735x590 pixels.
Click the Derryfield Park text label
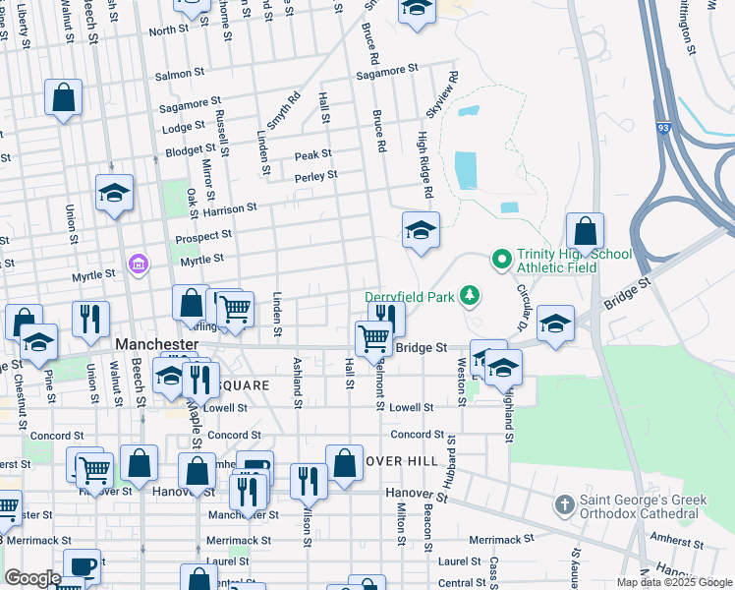(412, 296)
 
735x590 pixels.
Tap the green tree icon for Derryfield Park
(471, 294)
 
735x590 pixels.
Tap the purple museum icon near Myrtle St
(138, 264)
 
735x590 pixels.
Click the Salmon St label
(180, 73)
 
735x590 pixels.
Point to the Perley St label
(315, 176)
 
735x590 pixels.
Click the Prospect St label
(203, 237)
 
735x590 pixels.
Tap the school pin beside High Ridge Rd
(421, 231)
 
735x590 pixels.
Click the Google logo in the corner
(32, 578)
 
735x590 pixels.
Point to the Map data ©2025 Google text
(675, 582)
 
